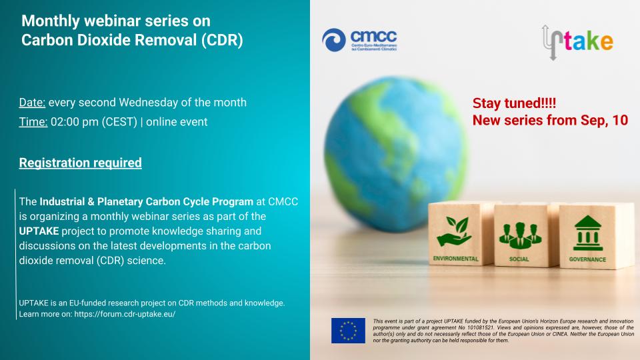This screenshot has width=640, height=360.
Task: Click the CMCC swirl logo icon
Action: coord(334,40)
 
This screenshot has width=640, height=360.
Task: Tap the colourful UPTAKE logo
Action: coord(577,41)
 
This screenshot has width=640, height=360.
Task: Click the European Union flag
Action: coord(348,331)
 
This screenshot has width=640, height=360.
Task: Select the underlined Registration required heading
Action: coord(81,163)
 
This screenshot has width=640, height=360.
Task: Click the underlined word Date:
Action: coord(32,102)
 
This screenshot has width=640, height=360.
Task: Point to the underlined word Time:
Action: coord(33,121)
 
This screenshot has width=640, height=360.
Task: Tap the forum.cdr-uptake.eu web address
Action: coord(125,314)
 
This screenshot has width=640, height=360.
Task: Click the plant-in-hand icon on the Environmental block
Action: coord(454,231)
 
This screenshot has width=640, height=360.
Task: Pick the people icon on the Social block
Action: coord(520,235)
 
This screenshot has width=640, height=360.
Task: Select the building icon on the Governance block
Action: coord(588,233)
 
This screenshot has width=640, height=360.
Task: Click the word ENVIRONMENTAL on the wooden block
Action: coord(455,259)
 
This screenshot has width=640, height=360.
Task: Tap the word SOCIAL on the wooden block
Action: coord(519,259)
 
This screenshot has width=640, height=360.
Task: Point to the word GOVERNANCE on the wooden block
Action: coord(587,259)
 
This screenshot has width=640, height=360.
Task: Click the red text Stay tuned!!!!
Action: coord(514,103)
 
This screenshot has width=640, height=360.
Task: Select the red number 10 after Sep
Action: coord(620,121)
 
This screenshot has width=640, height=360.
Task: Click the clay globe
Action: coord(396,154)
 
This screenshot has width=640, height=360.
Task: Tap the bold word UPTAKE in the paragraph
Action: coord(39,231)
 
